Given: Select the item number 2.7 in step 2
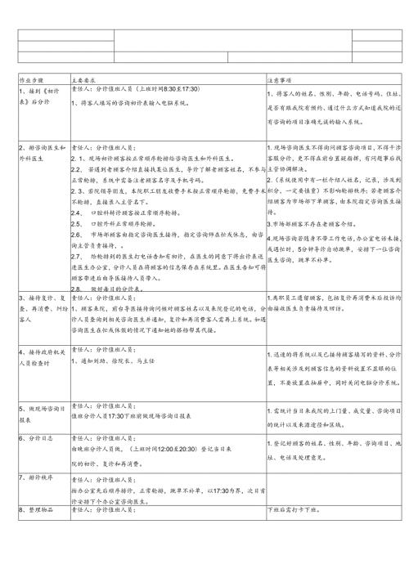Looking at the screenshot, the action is coord(78,257).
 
